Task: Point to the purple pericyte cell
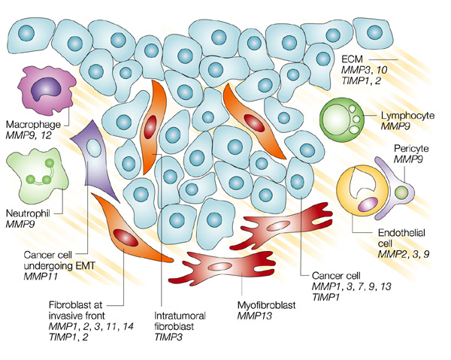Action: pyautogui.click(x=401, y=193)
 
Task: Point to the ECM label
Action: pyautogui.click(x=353, y=59)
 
